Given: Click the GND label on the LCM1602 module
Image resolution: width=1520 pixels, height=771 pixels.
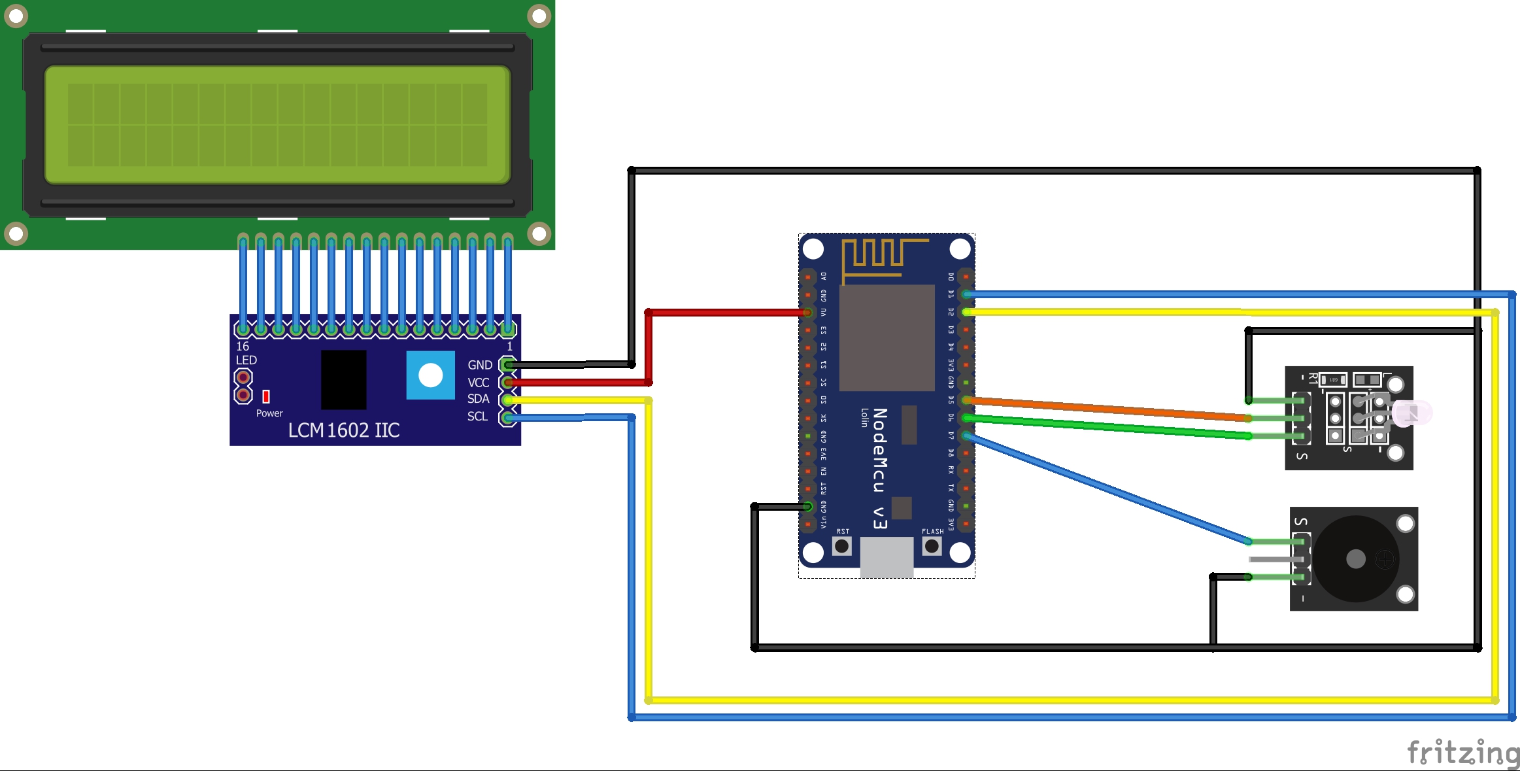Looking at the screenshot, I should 480,365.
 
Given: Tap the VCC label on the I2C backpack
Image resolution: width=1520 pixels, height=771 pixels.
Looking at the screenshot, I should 479,383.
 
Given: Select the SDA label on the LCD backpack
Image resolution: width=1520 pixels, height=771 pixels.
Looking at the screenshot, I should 479,399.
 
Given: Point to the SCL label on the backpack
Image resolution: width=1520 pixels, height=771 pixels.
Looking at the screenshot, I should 478,417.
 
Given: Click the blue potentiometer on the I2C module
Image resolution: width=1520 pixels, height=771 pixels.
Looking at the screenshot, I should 430,375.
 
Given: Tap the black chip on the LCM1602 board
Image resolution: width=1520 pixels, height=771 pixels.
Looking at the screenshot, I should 344,380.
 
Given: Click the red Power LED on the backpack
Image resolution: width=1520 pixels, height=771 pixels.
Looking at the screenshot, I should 266,396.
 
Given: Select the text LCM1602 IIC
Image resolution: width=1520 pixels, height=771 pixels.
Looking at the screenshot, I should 344,430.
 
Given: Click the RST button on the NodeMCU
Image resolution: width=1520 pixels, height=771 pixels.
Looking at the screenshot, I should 842,545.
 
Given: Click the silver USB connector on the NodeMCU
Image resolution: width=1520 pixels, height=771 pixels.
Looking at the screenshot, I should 887,557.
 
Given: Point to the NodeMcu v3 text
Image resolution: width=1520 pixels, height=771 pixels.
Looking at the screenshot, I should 880,468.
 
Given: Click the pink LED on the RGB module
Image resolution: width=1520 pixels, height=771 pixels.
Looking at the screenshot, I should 1412,413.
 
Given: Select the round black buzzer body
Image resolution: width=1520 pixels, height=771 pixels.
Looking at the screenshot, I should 1356,558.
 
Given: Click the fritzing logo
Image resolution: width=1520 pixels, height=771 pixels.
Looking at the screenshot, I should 1463,753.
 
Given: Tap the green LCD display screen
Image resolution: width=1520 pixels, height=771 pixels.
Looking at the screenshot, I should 277,124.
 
